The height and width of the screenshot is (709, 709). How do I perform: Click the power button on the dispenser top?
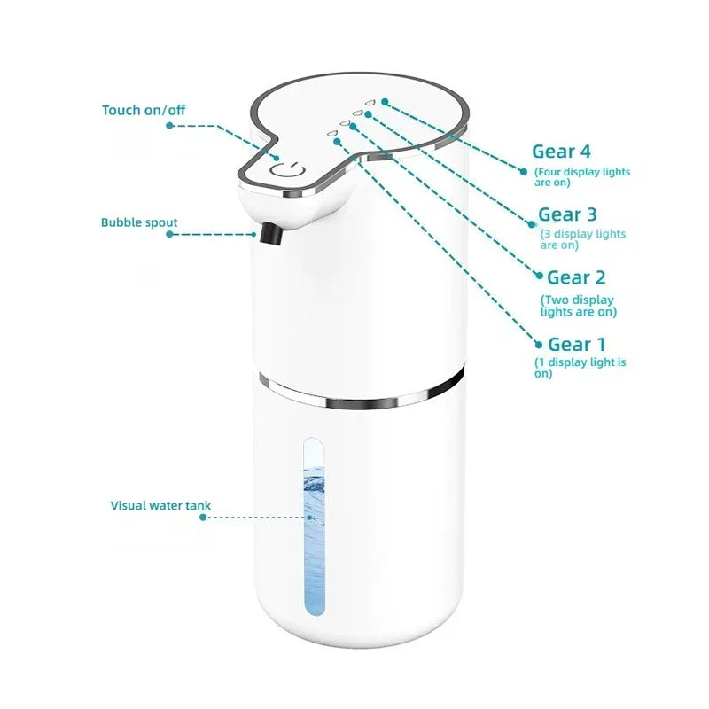[x=289, y=172]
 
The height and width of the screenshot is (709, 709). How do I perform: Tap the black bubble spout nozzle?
[x=269, y=234]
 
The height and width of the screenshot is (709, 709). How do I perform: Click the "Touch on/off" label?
[x=144, y=110]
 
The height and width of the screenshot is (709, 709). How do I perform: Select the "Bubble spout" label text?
[x=139, y=222]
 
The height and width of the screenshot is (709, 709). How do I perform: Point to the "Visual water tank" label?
[x=160, y=506]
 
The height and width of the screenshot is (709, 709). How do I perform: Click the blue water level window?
[x=315, y=526]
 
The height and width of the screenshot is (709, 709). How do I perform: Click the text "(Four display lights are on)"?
[x=581, y=177]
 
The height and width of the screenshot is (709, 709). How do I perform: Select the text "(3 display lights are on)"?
[x=582, y=239]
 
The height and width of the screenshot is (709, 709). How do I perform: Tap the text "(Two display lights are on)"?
[x=579, y=306]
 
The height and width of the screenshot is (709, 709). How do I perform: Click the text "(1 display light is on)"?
[x=580, y=368]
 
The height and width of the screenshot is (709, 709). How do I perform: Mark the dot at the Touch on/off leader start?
[x=170, y=126]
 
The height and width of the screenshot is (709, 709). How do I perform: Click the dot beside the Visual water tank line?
[x=204, y=518]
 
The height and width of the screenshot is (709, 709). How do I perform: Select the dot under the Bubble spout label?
[x=169, y=234]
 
